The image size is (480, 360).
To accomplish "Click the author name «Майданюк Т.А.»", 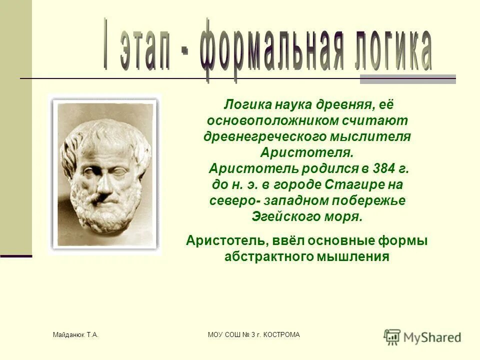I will tap(75, 334).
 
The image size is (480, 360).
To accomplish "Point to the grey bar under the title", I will tap(407, 79).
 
